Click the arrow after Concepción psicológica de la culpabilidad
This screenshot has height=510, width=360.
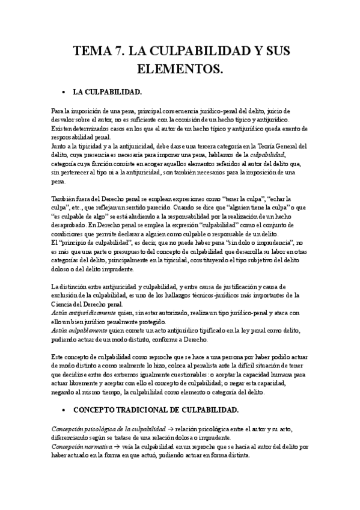(171, 429)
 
